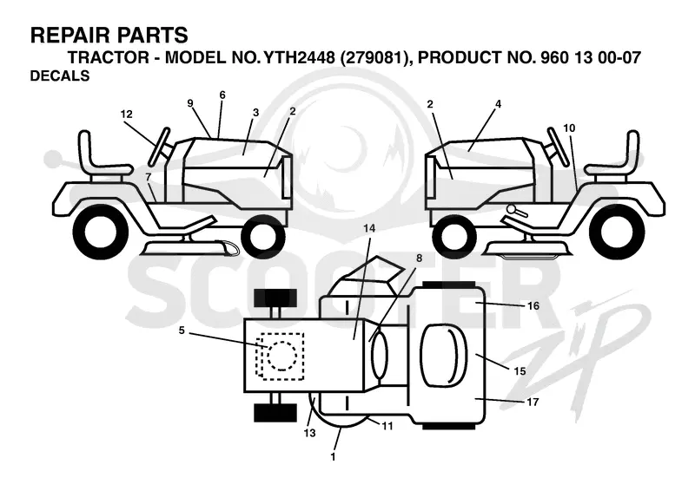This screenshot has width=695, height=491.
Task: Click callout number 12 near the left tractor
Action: point(126,115)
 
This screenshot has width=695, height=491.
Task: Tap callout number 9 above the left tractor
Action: point(190,103)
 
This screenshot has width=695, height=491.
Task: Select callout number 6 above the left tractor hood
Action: point(222,95)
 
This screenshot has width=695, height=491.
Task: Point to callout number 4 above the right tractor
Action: point(498,104)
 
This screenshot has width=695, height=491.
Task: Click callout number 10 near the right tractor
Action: point(569,128)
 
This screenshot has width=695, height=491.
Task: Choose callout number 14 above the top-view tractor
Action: point(368,228)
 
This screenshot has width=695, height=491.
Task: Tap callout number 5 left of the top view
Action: point(182,331)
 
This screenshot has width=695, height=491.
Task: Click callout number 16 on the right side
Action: point(533,306)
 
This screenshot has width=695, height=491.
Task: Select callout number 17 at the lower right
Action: point(533,402)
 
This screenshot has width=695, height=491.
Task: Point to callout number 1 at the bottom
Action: point(334,457)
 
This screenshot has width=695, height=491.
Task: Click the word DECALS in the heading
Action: point(60,76)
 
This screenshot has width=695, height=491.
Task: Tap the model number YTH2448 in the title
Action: point(299,57)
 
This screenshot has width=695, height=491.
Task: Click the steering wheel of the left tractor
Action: point(161,146)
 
